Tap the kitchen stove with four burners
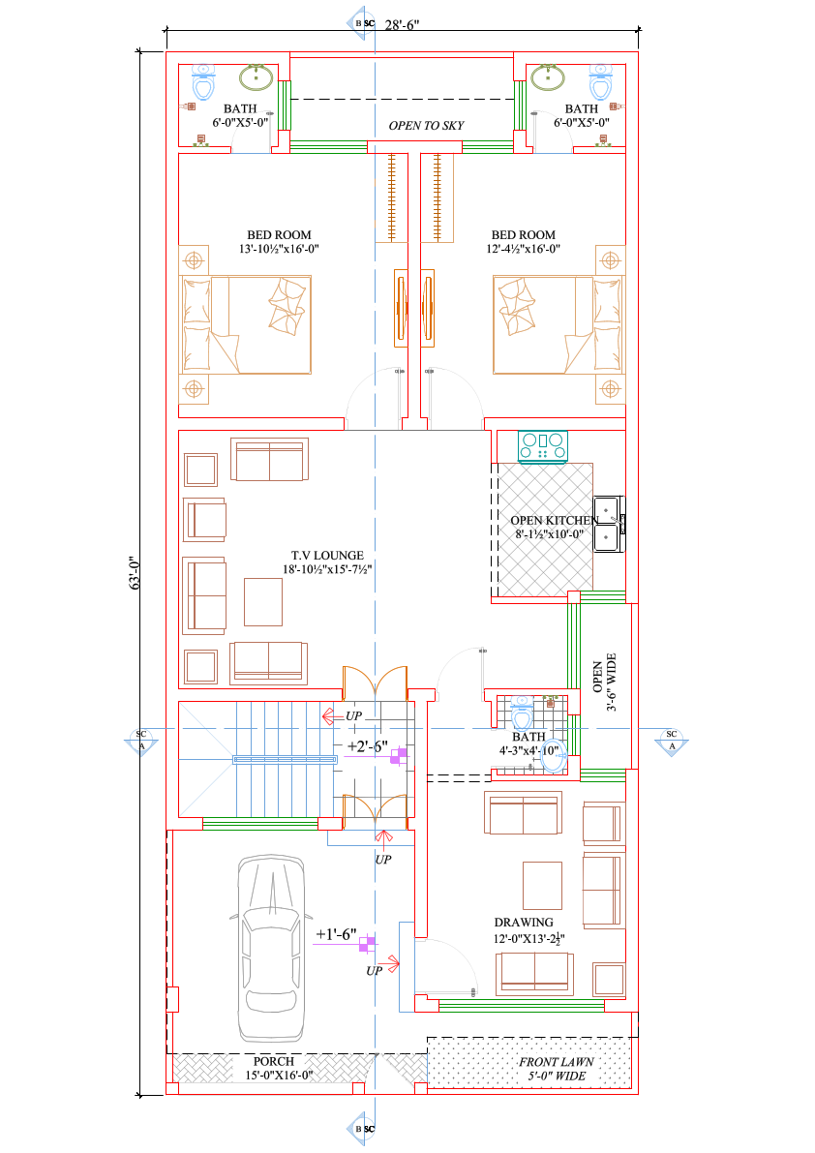[x=543, y=445]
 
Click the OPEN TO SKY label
[x=426, y=126]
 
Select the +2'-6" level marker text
[x=367, y=746]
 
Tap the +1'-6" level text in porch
[x=336, y=936]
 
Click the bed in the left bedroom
[x=245, y=325]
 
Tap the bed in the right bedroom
[x=542, y=325]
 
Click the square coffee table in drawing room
[x=542, y=885]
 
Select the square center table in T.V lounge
[x=262, y=601]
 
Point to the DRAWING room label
[x=524, y=923]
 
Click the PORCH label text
[x=274, y=1062]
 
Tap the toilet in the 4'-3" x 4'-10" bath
[x=523, y=714]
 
